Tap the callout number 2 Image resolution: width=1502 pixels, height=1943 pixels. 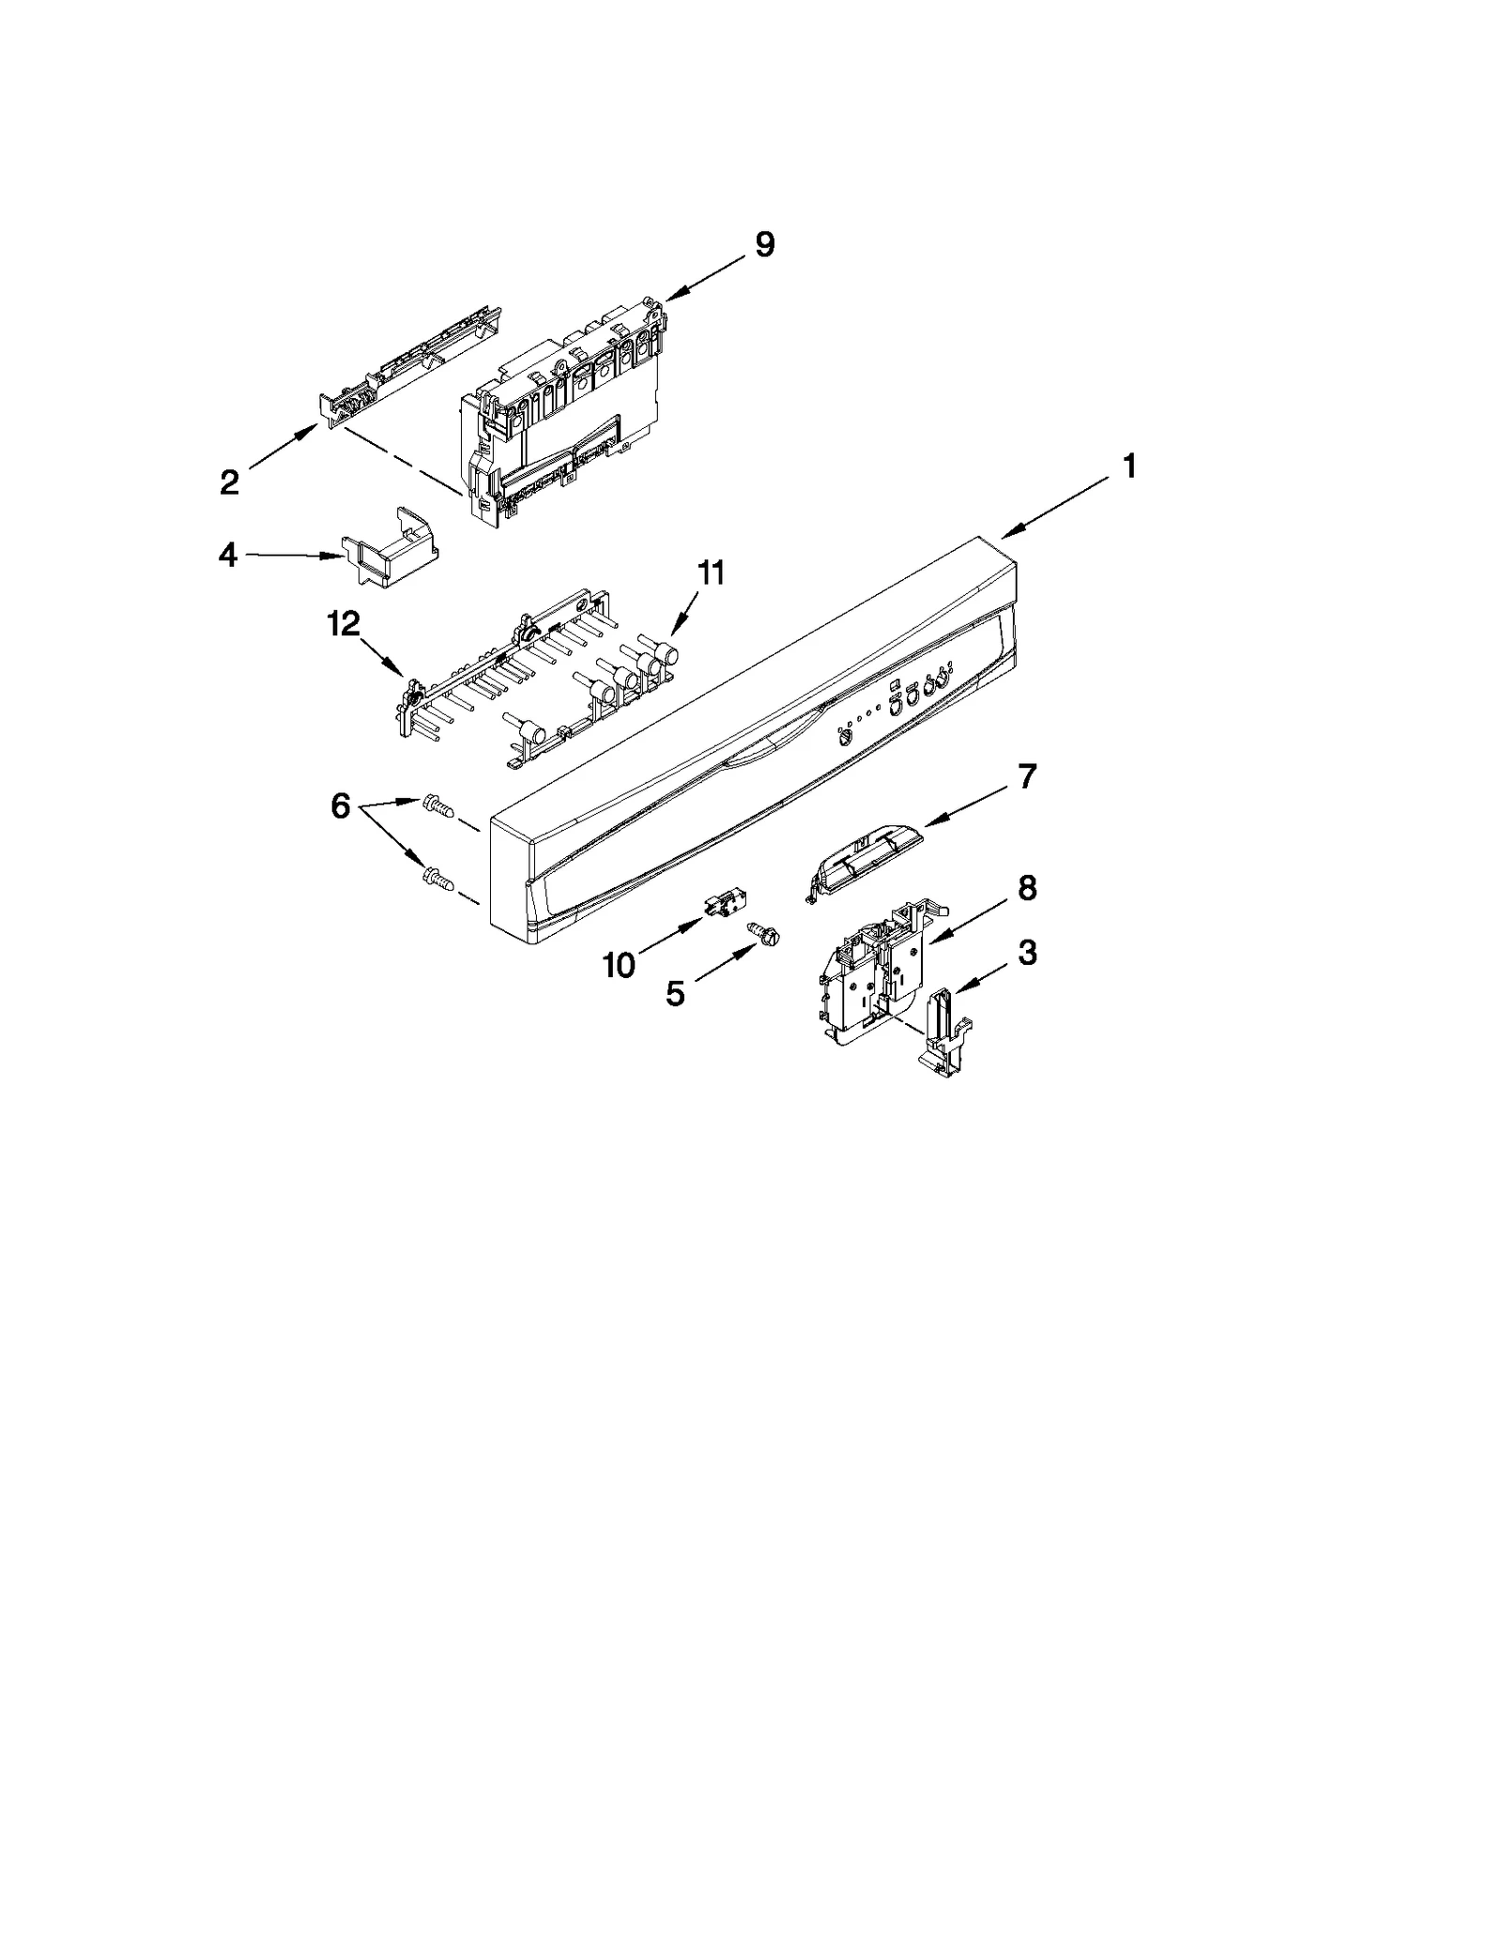point(229,482)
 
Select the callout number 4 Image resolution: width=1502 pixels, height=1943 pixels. point(227,555)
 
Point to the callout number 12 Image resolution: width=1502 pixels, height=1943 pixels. point(344,623)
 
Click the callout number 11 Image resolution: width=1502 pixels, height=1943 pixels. point(711,572)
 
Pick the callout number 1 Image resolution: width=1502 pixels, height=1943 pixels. point(1129,466)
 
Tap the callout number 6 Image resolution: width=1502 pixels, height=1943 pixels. point(340,805)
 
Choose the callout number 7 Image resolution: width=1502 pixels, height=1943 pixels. point(1027,776)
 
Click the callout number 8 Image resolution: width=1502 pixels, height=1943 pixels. point(1027,887)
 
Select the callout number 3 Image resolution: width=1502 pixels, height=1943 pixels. point(1027,953)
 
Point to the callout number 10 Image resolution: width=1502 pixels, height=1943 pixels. point(619,964)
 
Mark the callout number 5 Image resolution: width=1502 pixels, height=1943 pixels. point(675,994)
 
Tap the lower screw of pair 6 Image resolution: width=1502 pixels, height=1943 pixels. point(437,879)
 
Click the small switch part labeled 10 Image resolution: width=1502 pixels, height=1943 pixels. point(719,908)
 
